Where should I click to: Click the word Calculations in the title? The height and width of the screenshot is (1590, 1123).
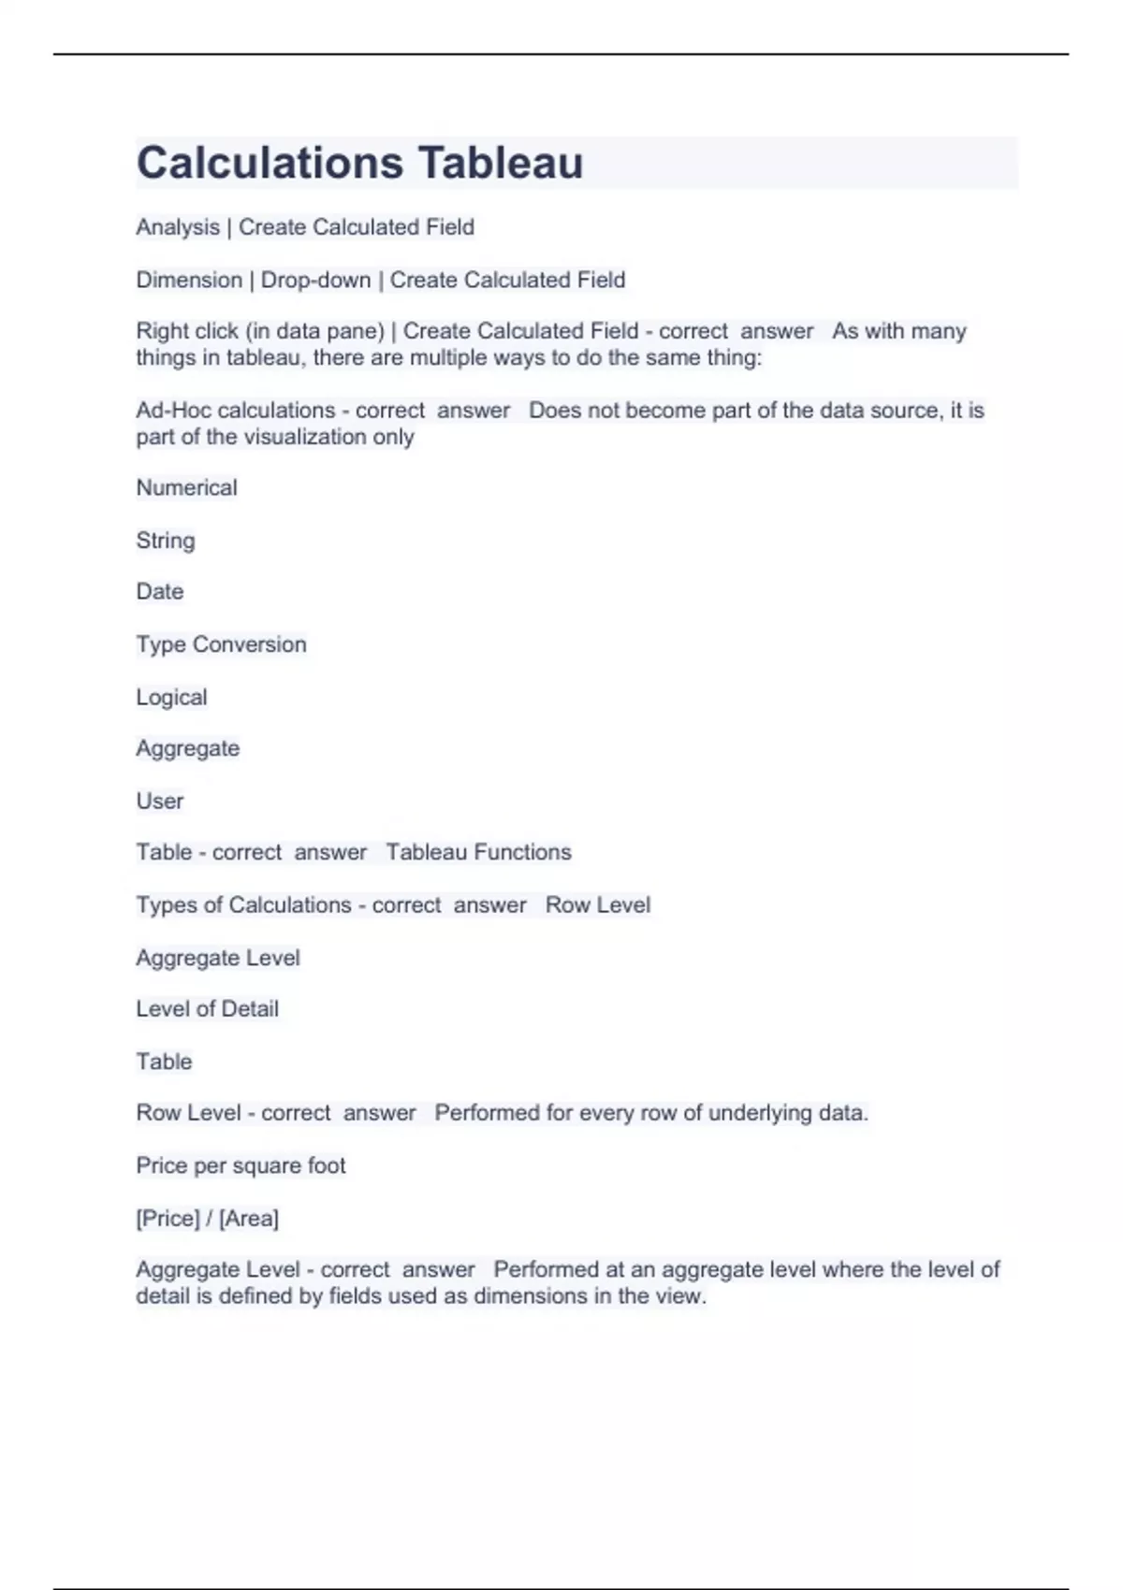click(x=270, y=163)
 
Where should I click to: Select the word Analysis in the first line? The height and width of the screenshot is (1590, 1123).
click(x=178, y=227)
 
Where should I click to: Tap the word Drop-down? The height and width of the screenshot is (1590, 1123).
click(x=315, y=280)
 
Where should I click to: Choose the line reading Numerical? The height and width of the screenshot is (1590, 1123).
click(x=186, y=488)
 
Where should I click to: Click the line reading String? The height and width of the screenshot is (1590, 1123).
click(x=166, y=541)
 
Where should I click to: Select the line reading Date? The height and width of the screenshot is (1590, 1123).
click(x=160, y=592)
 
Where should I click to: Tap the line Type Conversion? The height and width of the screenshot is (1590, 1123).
click(x=221, y=644)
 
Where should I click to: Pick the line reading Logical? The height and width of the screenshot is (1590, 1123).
click(x=171, y=698)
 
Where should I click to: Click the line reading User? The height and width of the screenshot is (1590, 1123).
click(x=160, y=802)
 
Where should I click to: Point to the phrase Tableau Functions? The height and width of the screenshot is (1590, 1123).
click(x=478, y=852)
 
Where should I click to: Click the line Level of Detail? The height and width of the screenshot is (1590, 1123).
click(x=207, y=1009)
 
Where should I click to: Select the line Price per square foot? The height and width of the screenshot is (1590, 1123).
click(x=241, y=1165)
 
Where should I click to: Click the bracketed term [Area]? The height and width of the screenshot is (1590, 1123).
click(x=249, y=1219)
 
